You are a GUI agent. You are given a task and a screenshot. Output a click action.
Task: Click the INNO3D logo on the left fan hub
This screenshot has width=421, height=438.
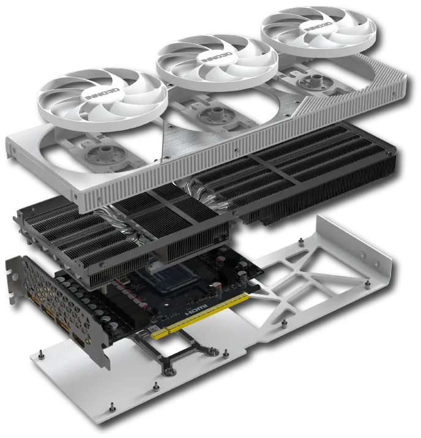point(102,94)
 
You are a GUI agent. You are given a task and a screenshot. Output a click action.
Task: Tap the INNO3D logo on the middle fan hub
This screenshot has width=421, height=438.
point(217,57)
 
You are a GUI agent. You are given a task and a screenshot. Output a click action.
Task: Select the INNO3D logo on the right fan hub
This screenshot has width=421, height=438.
point(318,26)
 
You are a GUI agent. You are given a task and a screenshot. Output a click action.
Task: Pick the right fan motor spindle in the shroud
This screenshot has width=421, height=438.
point(316,78)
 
